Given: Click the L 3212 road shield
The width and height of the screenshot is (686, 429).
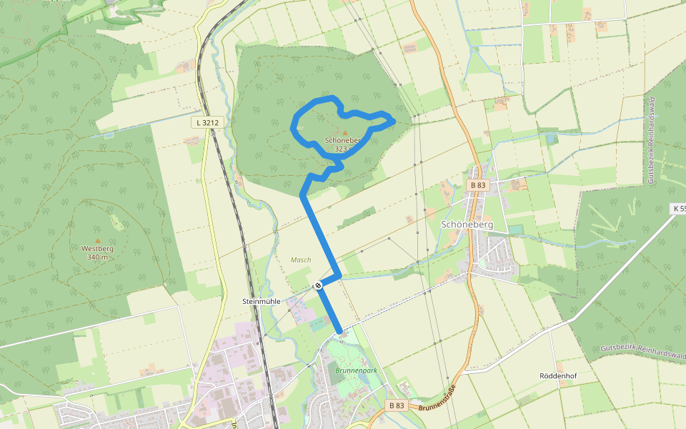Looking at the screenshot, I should click(x=206, y=122).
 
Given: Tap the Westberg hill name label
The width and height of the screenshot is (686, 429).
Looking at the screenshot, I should click(x=97, y=249).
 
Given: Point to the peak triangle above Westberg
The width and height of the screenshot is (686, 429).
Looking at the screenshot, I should click(x=98, y=241).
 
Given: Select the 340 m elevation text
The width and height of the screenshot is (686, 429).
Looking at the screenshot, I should click(x=97, y=257).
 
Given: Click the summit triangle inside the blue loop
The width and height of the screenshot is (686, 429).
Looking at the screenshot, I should click(x=346, y=133).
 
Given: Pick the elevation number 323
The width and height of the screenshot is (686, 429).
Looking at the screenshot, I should click(x=340, y=149).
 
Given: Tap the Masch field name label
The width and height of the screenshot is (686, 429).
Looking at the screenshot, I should click(x=301, y=260).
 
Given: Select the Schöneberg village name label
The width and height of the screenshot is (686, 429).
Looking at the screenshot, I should click(x=467, y=224).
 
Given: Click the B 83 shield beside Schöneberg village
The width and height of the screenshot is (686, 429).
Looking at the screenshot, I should click(x=478, y=185).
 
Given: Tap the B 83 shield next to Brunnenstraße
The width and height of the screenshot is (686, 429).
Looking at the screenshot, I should click(x=397, y=405).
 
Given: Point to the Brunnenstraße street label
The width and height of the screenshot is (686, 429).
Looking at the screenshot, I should click(x=437, y=400).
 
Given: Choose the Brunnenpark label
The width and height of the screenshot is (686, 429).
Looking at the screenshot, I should click(x=355, y=371).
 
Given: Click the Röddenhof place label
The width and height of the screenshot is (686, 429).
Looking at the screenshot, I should click(x=558, y=375).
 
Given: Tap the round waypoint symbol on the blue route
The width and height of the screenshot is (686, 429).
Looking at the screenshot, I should click(x=318, y=285).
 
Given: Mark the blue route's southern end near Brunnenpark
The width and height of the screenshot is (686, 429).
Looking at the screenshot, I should click(x=339, y=331).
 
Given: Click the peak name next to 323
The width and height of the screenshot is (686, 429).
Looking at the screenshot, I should click(x=339, y=141).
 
